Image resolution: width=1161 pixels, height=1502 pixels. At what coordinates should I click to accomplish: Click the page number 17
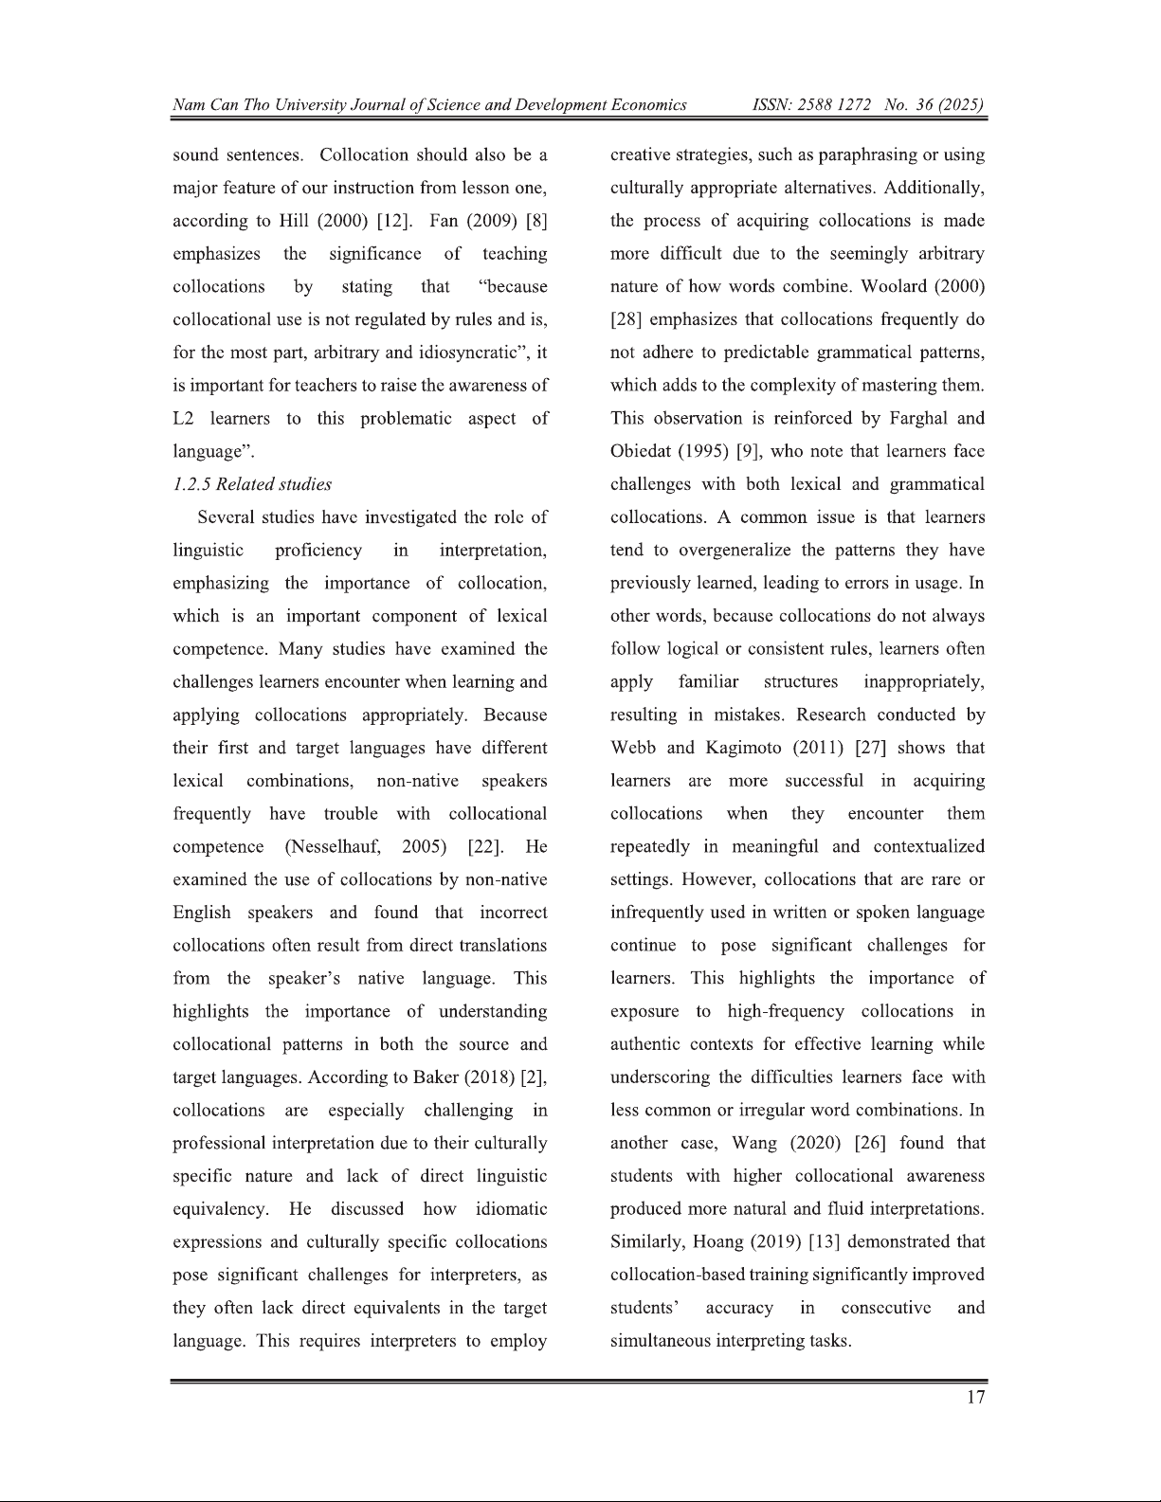coord(975,1398)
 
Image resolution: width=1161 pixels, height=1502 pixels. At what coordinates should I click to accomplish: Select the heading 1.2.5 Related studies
coord(252,484)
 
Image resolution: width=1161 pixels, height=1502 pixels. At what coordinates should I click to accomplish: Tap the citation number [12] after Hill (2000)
coord(393,221)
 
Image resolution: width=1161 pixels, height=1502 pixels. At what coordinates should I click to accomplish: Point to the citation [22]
coord(485,846)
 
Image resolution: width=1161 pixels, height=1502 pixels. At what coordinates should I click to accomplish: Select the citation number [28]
coord(626,319)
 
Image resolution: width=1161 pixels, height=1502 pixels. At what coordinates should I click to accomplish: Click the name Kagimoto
coord(746,748)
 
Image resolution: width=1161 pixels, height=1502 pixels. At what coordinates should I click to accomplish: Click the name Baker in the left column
coord(437,1077)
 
